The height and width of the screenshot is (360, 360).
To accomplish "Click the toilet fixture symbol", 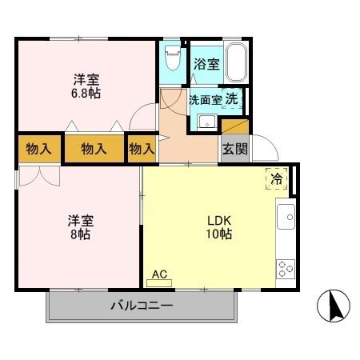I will pos(170,58).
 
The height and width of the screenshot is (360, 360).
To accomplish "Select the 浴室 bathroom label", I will pos(206,65).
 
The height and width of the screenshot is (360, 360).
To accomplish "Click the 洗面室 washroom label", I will pos(205,101).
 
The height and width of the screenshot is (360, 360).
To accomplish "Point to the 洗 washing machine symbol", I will pos(232,100).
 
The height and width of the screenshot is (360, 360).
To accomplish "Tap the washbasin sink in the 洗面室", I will pos(206,122).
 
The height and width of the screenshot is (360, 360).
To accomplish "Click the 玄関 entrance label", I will pos(234,148).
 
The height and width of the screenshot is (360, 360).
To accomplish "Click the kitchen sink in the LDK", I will pos(286,217).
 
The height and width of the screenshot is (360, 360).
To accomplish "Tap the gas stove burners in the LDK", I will pos(286,268).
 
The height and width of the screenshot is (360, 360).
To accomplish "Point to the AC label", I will pos(159,275).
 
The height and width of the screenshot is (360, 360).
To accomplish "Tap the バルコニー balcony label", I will pos(141,306).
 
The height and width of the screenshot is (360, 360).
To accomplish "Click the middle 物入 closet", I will pos(94,149).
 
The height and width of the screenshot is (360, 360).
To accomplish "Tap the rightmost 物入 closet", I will pos(142,149).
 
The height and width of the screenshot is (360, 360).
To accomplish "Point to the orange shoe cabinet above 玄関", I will pos(235,126).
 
